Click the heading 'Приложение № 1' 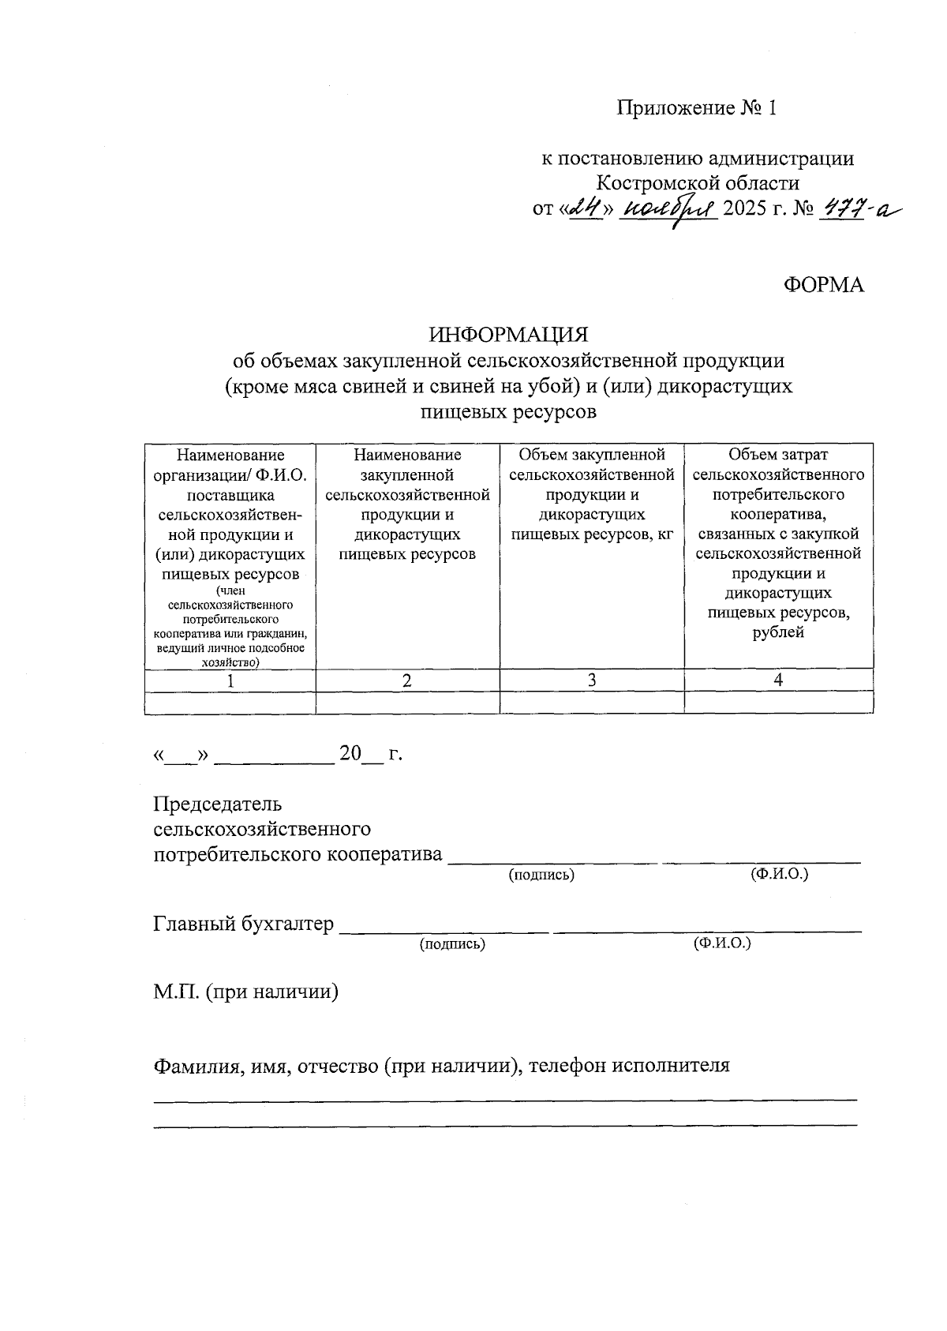697,108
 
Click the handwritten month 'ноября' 669,210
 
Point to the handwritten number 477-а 859,208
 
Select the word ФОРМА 823,285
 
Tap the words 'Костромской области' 697,183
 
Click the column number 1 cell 230,680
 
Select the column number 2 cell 407,680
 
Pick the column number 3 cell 592,680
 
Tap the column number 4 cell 778,680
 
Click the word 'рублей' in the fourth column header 778,632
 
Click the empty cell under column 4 778,702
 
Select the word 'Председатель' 217,804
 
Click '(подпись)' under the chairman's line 541,875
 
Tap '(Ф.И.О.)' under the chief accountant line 721,943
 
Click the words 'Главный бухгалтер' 243,924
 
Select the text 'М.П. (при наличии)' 245,992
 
